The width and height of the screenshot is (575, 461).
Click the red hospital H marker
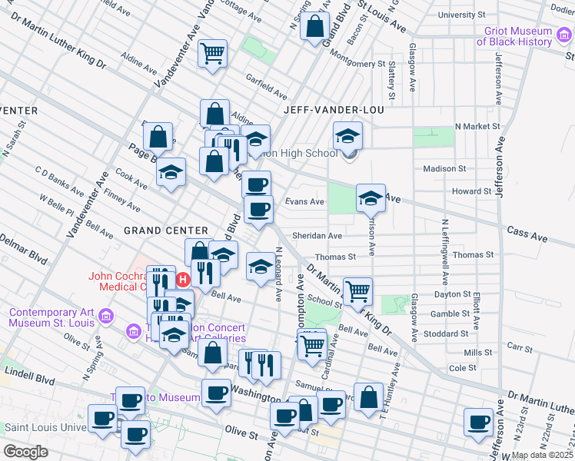click(184, 279)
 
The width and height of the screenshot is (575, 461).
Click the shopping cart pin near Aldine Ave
click(212, 54)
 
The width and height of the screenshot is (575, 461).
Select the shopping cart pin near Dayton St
click(357, 291)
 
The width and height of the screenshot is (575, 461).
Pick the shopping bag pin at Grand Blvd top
click(315, 27)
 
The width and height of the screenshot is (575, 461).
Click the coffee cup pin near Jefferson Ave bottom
click(479, 421)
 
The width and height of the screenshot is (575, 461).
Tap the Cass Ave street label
click(526, 234)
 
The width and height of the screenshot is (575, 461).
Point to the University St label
click(461, 15)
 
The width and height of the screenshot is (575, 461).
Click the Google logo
click(25, 452)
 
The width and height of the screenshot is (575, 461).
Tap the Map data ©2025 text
click(543, 455)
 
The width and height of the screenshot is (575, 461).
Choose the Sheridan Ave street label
click(317, 236)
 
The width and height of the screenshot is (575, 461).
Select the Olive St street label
click(241, 434)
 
